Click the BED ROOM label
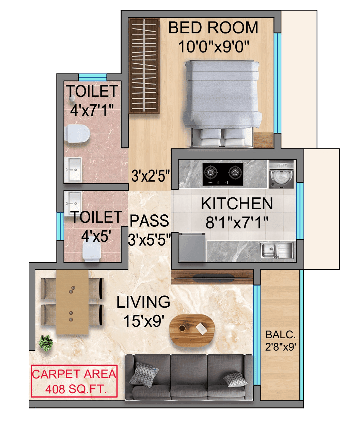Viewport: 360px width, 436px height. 213,28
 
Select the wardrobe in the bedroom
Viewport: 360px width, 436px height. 144,66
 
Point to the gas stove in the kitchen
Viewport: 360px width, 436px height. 223,174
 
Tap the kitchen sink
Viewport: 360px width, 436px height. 276,250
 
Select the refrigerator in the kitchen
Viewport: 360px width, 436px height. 191,247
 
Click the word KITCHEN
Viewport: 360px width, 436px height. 237,204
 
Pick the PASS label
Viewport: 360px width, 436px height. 149,221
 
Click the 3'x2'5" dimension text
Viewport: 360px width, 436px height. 151,176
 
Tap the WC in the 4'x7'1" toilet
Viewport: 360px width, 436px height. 77,133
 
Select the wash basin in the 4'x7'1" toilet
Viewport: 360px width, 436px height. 73,169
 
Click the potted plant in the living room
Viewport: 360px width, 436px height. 46,342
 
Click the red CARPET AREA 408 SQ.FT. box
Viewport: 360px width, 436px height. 74,381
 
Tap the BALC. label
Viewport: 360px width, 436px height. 280,335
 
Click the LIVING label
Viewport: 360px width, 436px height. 143,302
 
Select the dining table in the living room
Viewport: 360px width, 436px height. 72,302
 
